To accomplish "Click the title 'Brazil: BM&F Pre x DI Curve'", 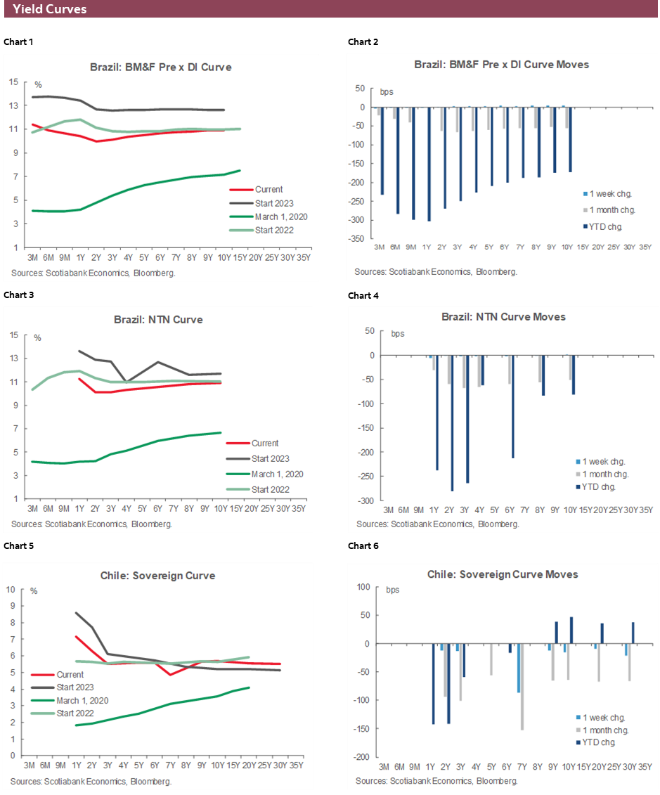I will click(160, 67).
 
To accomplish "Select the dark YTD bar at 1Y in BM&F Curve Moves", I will click(429, 164).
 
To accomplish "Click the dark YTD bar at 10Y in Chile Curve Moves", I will click(571, 631).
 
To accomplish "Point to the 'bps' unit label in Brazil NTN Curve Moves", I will click(398, 333).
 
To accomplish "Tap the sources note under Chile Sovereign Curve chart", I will click(91, 781).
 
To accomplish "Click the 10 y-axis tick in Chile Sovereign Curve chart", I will click(11, 589).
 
